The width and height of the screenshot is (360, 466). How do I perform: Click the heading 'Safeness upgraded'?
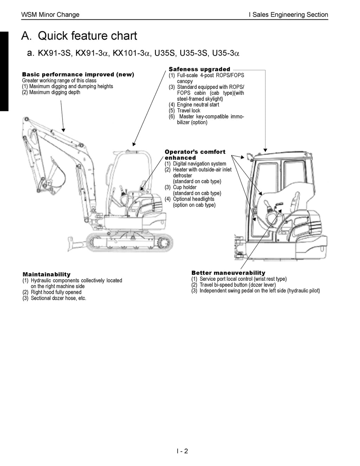(199, 69)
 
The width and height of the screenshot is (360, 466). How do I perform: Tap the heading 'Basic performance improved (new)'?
(78, 75)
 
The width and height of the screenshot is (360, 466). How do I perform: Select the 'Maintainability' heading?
(46, 274)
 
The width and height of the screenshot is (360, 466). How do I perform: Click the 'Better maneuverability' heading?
(228, 273)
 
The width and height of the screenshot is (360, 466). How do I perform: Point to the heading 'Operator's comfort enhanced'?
(195, 155)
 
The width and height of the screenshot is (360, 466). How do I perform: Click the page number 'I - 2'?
(182, 451)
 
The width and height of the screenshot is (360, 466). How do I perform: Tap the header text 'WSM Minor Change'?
(50, 14)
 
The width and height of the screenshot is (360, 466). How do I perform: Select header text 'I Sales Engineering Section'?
(288, 14)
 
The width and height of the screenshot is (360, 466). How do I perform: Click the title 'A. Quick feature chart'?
(79, 36)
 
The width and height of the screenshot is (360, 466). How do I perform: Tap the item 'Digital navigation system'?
(199, 164)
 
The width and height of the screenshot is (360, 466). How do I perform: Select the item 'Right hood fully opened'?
(56, 292)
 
